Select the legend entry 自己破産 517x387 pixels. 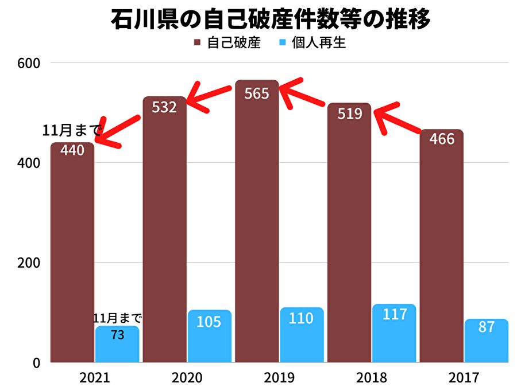tap(227, 43)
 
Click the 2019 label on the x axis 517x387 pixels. tap(279, 378)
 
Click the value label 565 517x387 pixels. tap(256, 93)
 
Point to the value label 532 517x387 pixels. tap(164, 107)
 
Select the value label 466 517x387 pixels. tap(441, 139)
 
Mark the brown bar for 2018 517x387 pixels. tap(349, 241)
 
